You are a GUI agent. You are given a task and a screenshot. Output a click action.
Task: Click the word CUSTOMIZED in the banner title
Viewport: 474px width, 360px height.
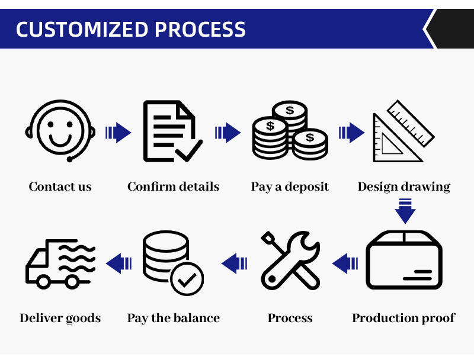(x=82, y=29)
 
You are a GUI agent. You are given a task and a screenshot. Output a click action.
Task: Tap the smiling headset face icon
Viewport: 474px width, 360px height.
(x=60, y=131)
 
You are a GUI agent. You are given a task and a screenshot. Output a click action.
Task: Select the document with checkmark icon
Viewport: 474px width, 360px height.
(x=172, y=131)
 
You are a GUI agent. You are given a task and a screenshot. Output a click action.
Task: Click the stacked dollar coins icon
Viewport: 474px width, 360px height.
(x=290, y=130)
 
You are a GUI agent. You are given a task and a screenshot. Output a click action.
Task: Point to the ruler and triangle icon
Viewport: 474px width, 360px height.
(x=403, y=131)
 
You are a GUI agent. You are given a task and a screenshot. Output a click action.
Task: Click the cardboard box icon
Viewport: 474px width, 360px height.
(x=404, y=260)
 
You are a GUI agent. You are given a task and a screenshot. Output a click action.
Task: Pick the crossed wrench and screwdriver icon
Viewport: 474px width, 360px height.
(x=290, y=261)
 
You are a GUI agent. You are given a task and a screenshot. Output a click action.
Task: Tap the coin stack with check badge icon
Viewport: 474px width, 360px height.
(x=173, y=262)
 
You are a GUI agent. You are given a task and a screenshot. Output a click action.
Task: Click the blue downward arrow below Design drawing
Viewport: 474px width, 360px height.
(x=405, y=211)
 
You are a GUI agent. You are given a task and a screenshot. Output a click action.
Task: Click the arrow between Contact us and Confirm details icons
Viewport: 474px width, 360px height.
(x=118, y=133)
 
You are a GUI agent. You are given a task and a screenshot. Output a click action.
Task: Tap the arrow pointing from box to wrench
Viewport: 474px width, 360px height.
(x=345, y=263)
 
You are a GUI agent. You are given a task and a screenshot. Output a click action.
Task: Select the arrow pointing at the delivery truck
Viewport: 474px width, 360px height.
(x=119, y=263)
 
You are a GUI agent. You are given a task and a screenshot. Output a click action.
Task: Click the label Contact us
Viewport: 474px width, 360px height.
(x=60, y=187)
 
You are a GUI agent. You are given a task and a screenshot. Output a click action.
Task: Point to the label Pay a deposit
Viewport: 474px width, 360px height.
(x=290, y=187)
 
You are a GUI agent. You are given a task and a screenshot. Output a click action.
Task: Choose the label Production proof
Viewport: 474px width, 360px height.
(x=404, y=319)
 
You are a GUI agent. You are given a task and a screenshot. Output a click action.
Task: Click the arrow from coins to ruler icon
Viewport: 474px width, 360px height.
(x=351, y=133)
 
